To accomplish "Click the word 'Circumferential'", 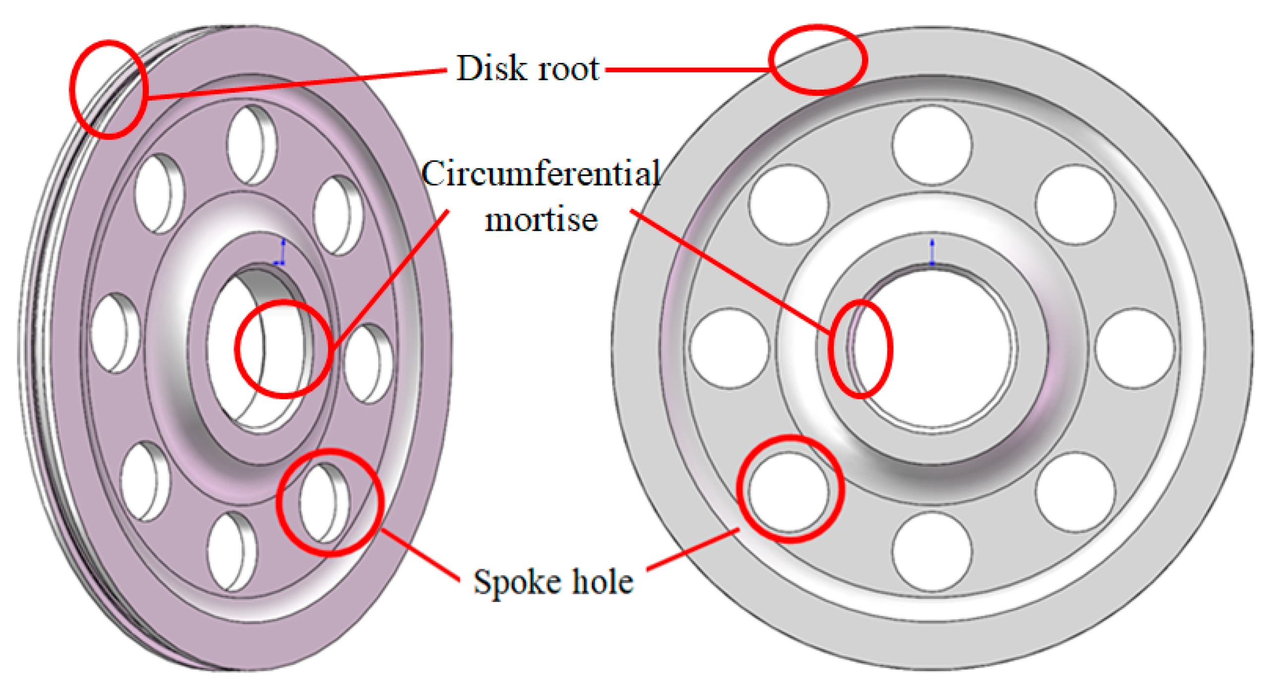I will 540,174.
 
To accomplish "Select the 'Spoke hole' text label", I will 553,582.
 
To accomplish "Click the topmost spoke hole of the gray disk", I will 932,145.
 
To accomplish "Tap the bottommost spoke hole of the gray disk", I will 932,551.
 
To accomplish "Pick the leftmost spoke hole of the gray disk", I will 729,348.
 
